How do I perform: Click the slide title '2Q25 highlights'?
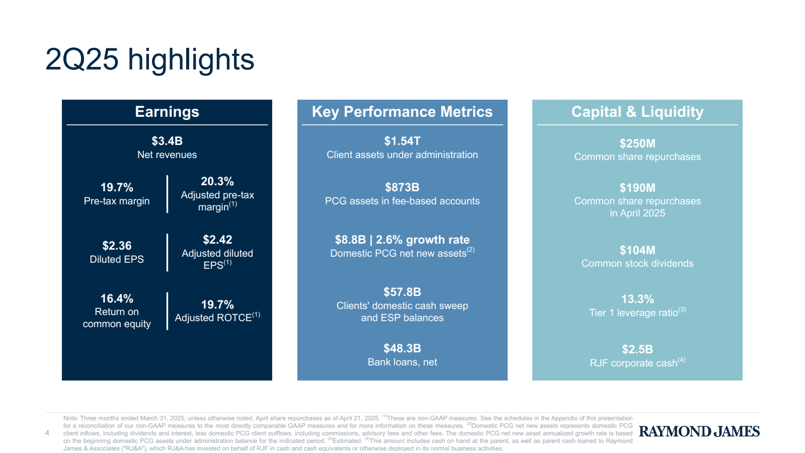(149, 59)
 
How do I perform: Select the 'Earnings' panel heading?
(167, 112)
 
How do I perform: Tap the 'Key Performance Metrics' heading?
(402, 112)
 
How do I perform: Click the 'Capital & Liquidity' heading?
(637, 112)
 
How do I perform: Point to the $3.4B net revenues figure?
(167, 141)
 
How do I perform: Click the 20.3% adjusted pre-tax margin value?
(217, 181)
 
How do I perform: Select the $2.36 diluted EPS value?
(117, 246)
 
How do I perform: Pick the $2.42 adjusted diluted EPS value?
(217, 240)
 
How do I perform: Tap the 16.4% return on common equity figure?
(117, 298)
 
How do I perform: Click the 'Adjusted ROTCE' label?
(214, 318)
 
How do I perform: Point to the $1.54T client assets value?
(402, 141)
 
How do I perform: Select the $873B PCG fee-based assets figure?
(402, 187)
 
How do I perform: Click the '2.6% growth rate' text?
(423, 240)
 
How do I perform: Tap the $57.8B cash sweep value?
(402, 292)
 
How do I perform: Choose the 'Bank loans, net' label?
(402, 362)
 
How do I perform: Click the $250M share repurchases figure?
(637, 143)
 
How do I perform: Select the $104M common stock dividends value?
(637, 250)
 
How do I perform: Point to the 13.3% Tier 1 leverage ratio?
(637, 299)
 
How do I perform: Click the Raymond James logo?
(699, 431)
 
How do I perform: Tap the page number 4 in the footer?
(47, 433)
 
